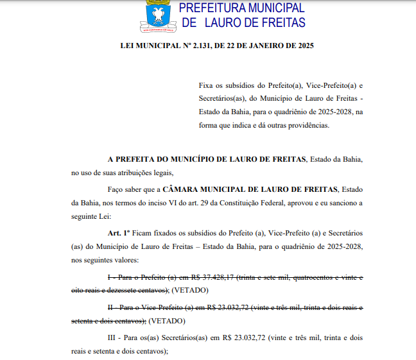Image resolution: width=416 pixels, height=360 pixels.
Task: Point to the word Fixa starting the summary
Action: pos(205,85)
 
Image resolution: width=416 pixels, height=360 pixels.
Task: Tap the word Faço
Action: pos(116,189)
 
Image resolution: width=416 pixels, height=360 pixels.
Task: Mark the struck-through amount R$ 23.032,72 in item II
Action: pos(229,307)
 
